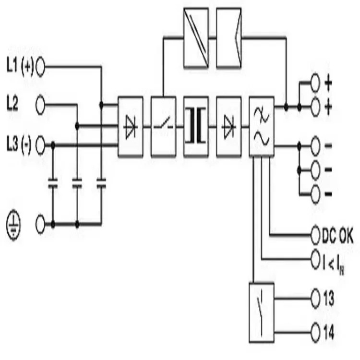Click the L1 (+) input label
(x=20, y=67)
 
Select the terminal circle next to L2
(x=40, y=105)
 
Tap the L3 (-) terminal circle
(x=40, y=145)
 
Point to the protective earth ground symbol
(x=13, y=225)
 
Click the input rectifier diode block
(x=131, y=127)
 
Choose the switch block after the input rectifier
(x=164, y=127)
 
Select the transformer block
(x=196, y=127)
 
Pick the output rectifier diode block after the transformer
(x=229, y=127)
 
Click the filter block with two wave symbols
(x=262, y=127)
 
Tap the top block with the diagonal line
(x=196, y=38)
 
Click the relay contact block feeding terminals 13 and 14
(x=262, y=313)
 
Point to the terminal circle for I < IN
(x=315, y=259)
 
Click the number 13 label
(x=329, y=299)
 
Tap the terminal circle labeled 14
(x=315, y=332)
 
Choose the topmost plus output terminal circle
(x=315, y=83)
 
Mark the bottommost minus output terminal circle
(x=315, y=194)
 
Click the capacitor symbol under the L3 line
(x=53, y=183)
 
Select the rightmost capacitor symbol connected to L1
(x=101, y=183)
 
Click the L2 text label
(x=12, y=105)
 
